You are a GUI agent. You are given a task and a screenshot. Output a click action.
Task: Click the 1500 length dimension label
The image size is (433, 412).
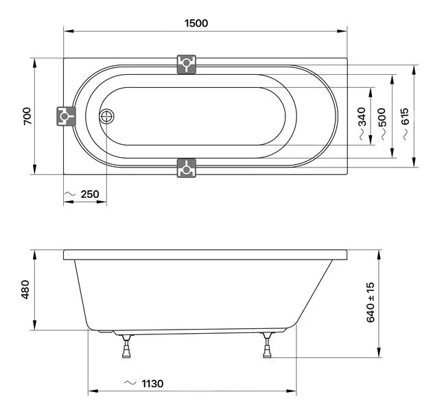pyautogui.click(x=196, y=23)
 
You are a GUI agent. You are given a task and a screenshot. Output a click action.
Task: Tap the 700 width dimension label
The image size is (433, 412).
pyautogui.click(x=27, y=116)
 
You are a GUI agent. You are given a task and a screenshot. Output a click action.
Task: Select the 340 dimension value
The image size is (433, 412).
pyautogui.click(x=362, y=117)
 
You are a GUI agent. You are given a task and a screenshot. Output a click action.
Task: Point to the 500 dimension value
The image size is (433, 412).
pyautogui.click(x=382, y=117)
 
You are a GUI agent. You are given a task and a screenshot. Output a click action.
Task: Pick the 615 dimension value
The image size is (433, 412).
pyautogui.click(x=405, y=117)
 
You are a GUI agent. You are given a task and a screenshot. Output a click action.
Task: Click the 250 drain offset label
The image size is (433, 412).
pyautogui.click(x=90, y=194)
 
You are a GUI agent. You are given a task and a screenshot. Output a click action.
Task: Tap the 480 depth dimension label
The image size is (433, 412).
pyautogui.click(x=25, y=289)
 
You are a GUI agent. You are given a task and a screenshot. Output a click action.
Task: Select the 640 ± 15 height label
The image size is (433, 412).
pyautogui.click(x=371, y=302)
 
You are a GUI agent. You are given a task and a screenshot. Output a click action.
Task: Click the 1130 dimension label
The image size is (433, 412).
pyautogui.click(x=152, y=384)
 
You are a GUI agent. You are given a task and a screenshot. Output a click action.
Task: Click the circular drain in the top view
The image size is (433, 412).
pyautogui.click(x=106, y=116)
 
